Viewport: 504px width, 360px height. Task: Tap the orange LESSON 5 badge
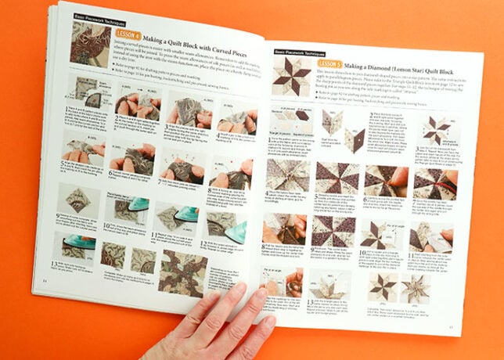pyautogui.click(x=329, y=63)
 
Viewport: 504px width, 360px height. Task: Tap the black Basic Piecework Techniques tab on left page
pyautogui.click(x=92, y=15)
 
